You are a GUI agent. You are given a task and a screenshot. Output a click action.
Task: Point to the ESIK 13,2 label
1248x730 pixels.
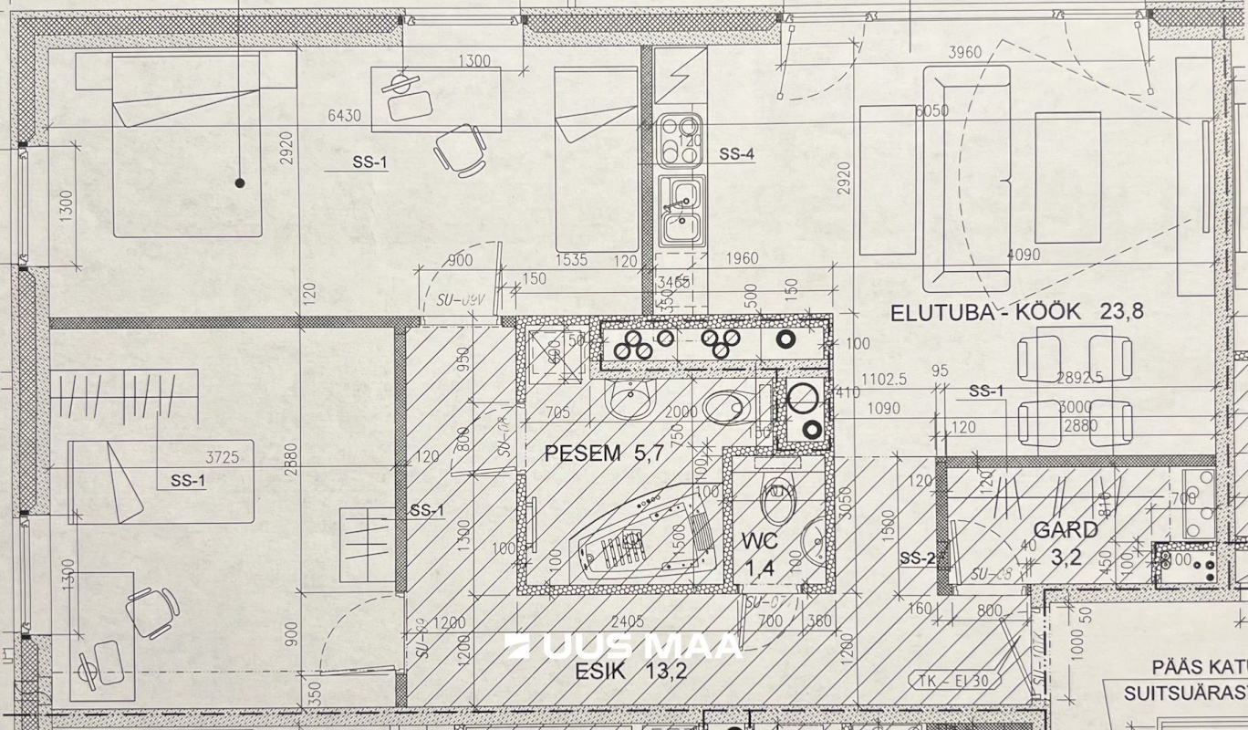pos(630,673)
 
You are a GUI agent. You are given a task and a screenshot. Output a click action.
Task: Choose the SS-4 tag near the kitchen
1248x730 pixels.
pos(736,155)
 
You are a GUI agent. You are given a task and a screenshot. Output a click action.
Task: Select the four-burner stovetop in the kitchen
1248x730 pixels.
pos(680,140)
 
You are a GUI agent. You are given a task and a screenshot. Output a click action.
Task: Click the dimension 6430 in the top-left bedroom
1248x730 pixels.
pos(345,115)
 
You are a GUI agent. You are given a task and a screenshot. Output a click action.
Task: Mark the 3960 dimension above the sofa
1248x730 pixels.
pos(964,53)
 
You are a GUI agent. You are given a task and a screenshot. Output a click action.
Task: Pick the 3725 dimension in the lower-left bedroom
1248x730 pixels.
pos(223,456)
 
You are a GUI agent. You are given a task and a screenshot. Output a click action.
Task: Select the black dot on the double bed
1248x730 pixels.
pos(240,182)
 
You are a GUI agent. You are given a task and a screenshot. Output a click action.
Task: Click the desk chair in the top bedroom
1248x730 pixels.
pos(460,148)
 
